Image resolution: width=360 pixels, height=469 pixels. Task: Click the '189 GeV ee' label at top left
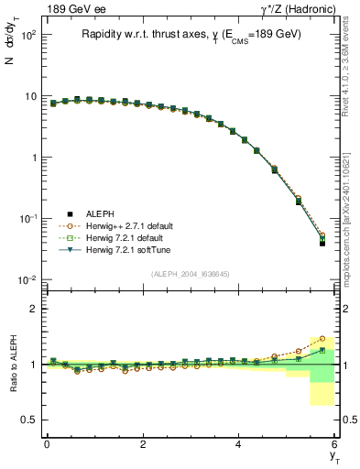click(x=71, y=8)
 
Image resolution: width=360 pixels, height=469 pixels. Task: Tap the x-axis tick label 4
click(x=239, y=443)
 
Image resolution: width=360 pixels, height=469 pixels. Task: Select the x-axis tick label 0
click(x=47, y=443)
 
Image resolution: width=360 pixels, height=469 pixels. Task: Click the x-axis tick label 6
click(x=335, y=443)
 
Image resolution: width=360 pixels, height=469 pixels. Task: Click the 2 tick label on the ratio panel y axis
click(x=31, y=309)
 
